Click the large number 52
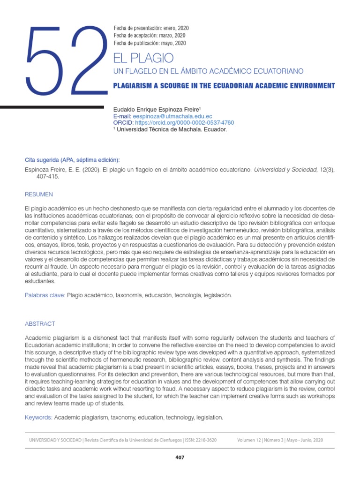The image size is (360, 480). pyautogui.click(x=66, y=60)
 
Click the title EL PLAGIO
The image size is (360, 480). pyautogui.click(x=143, y=58)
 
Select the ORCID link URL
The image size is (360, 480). pyautogui.click(x=184, y=123)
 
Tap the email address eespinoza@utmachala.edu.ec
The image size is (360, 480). pyautogui.click(x=172, y=116)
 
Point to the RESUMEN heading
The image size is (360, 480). pyautogui.click(x=39, y=194)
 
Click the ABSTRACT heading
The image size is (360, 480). pyautogui.click(x=40, y=324)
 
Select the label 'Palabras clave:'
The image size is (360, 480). pyautogui.click(x=45, y=296)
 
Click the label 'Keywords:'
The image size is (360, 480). pyautogui.click(x=39, y=417)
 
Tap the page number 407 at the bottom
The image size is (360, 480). pyautogui.click(x=180, y=457)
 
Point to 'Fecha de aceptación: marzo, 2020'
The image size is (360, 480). pyautogui.click(x=150, y=36)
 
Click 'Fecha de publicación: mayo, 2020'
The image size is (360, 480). pyautogui.click(x=150, y=43)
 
